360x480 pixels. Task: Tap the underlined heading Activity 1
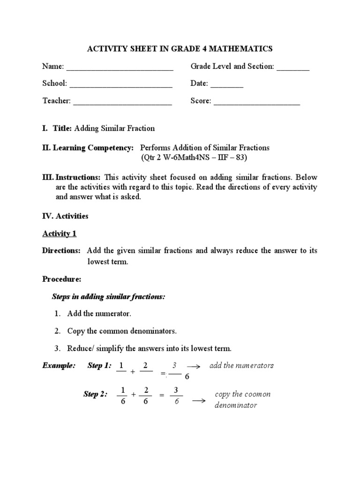(59, 233)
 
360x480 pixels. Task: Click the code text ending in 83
(194, 157)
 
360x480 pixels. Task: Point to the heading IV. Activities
(65, 216)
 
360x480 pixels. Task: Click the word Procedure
(61, 279)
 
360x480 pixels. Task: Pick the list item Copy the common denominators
(122, 331)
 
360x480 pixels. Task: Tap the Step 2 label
(95, 394)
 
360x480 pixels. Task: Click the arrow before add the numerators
(194, 366)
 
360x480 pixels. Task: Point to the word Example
(59, 366)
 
